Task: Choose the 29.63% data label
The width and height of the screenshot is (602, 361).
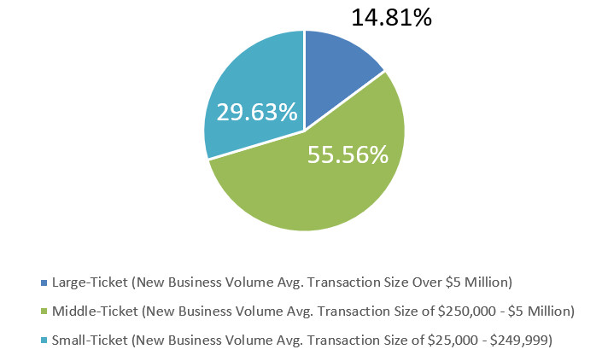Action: tap(257, 112)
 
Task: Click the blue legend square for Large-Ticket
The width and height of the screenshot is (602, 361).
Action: tap(44, 282)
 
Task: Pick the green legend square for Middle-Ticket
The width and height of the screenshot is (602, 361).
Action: tap(44, 312)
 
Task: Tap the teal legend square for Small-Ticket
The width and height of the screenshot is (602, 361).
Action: tap(44, 341)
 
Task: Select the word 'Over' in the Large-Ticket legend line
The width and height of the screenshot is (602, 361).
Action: tap(436, 282)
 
